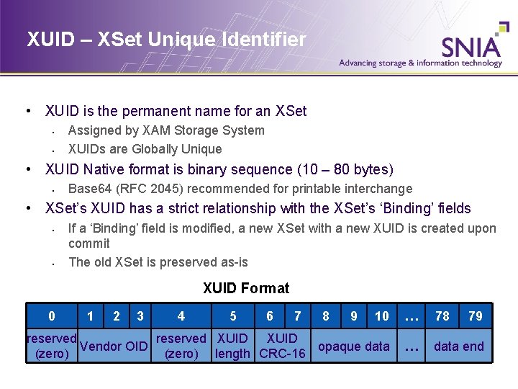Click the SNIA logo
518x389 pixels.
[x=471, y=46]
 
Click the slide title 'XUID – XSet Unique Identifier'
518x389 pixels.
[x=166, y=40]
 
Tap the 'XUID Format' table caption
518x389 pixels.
[x=246, y=288]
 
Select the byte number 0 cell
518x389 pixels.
[x=51, y=316]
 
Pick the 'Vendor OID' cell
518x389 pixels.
[x=114, y=346]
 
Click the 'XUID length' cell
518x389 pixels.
[x=233, y=346]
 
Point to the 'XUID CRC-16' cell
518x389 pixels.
[x=282, y=346]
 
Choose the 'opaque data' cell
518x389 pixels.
[x=354, y=346]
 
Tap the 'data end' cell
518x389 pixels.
[x=458, y=346]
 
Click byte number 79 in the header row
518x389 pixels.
[x=476, y=316]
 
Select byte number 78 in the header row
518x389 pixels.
[x=442, y=316]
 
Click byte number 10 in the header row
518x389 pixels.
[x=382, y=316]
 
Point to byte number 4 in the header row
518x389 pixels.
[x=181, y=316]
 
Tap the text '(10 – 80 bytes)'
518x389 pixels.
[x=345, y=170]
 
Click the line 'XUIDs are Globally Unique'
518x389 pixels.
[x=145, y=149]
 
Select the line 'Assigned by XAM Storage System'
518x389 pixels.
[x=166, y=130]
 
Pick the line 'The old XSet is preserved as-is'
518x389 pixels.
[x=158, y=262]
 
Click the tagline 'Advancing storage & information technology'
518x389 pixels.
[x=421, y=63]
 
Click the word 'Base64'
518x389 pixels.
[x=89, y=189]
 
